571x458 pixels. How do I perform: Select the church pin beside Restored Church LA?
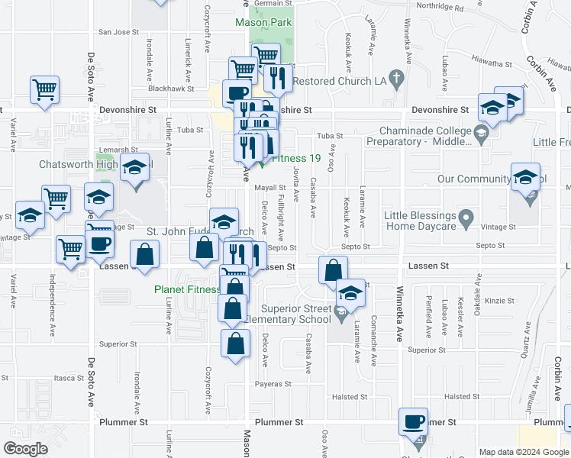click(395, 78)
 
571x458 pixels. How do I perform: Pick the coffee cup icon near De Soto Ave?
click(101, 244)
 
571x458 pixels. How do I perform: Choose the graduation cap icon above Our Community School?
click(525, 177)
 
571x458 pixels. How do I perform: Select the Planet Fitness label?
click(185, 289)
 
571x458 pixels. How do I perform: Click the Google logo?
click(25, 449)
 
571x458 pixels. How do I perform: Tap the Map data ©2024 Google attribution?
click(523, 452)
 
